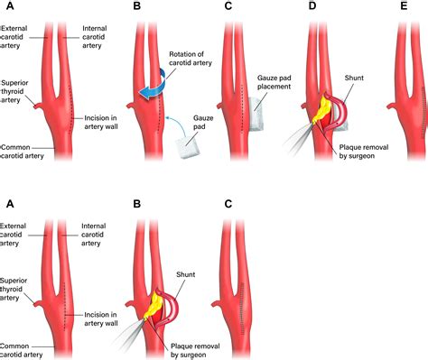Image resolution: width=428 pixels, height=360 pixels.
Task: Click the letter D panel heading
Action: click(x=312, y=6)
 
